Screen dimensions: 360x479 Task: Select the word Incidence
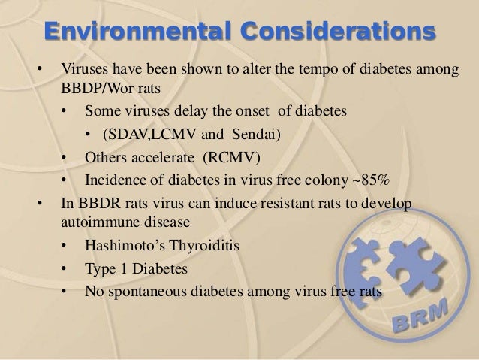[113, 180]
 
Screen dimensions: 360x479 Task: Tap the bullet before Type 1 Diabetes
[67, 268]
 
